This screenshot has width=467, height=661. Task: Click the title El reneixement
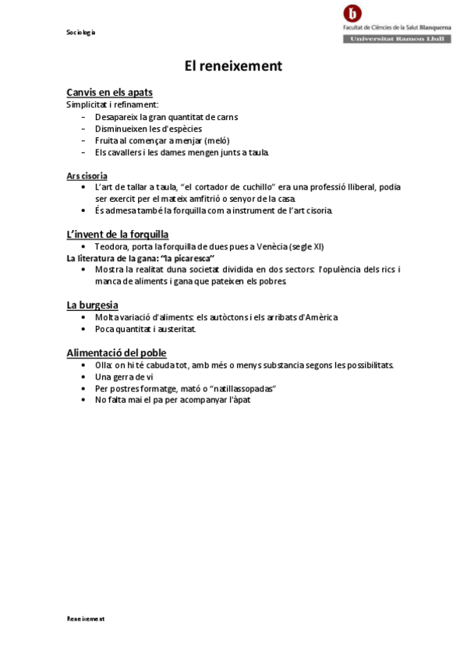pyautogui.click(x=233, y=66)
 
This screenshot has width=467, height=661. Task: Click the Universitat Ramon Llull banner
pyautogui.click(x=397, y=38)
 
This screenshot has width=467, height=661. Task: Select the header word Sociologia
pyautogui.click(x=81, y=32)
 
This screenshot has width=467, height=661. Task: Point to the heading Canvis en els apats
pyautogui.click(x=109, y=92)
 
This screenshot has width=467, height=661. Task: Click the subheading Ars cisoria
pyautogui.click(x=87, y=176)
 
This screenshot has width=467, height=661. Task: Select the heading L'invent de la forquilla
pyautogui.click(x=118, y=234)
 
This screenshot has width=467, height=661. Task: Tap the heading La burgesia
pyautogui.click(x=92, y=305)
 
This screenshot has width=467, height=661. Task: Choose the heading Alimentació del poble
pyautogui.click(x=116, y=352)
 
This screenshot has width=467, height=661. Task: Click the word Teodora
pyautogui.click(x=111, y=246)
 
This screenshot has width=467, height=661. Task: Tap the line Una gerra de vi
pyautogui.click(x=124, y=376)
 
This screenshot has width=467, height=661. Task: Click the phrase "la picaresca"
pyautogui.click(x=186, y=258)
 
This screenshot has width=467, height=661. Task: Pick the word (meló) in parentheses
pyautogui.click(x=217, y=140)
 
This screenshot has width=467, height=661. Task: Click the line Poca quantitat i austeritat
pyautogui.click(x=145, y=329)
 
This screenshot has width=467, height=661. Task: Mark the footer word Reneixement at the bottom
pyautogui.click(x=85, y=618)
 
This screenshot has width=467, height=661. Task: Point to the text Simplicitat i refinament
pyautogui.click(x=112, y=104)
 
